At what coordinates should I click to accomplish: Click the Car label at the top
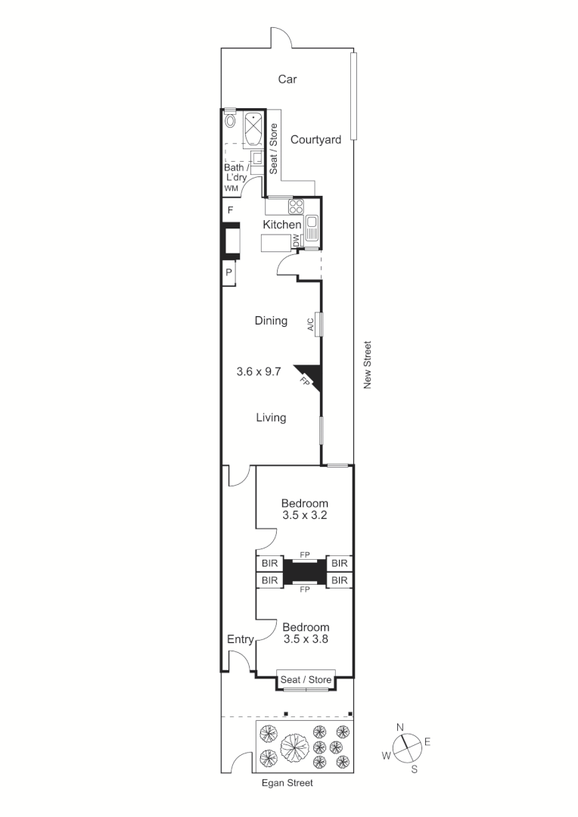tap(287, 79)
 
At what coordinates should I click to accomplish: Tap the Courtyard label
tap(315, 139)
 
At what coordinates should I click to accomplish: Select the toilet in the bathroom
tap(231, 120)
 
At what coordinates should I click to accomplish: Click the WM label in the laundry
tap(231, 188)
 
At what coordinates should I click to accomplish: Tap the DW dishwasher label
tap(297, 241)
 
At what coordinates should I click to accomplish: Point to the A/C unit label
tap(311, 324)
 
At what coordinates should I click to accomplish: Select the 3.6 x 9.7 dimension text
tap(259, 371)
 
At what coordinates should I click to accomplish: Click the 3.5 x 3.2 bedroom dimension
tap(305, 516)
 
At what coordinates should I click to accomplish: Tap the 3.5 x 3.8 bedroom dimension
tap(306, 639)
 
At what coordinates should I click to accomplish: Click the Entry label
tap(240, 640)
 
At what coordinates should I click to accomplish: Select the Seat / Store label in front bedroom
tap(306, 680)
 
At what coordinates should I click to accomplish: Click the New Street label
tap(368, 365)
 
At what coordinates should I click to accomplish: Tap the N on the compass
tap(401, 728)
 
